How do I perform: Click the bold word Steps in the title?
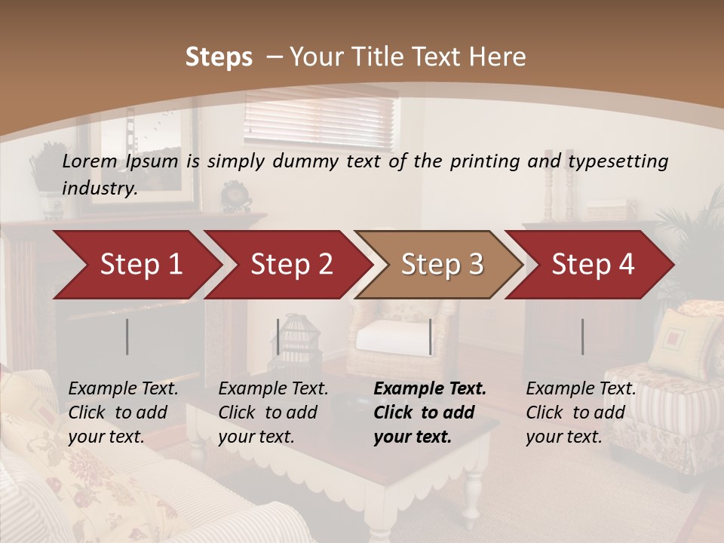click(219, 57)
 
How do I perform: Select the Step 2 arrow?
click(290, 265)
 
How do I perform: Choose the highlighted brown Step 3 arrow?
click(441, 265)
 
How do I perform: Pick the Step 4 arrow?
click(592, 265)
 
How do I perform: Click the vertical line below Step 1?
click(127, 336)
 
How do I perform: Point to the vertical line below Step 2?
click(278, 336)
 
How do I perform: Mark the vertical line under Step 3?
click(431, 336)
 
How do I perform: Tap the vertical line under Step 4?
click(582, 336)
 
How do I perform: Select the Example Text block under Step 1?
click(122, 413)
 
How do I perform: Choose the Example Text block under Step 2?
click(272, 413)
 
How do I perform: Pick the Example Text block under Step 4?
click(580, 413)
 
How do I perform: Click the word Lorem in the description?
click(90, 161)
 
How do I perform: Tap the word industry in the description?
click(100, 189)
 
